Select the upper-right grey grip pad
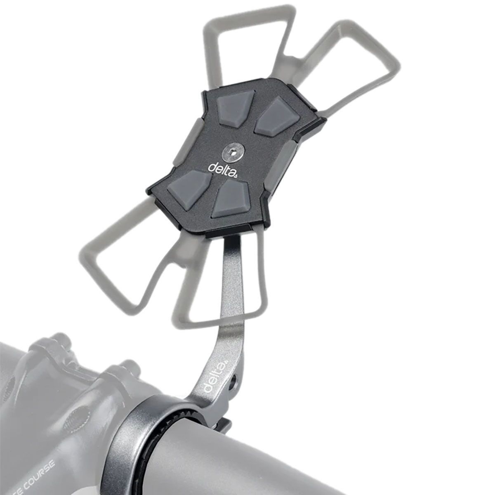273,118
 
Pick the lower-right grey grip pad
230,199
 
